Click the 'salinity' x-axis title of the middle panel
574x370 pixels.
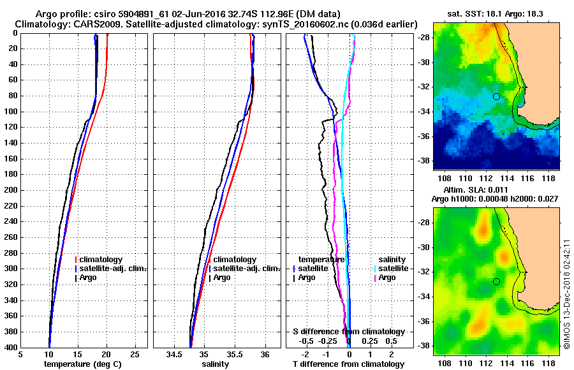[x=215, y=364]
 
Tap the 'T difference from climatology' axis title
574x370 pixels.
[x=348, y=364]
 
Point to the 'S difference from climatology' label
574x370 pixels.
[x=348, y=332]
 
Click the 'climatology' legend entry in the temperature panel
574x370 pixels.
[x=102, y=260]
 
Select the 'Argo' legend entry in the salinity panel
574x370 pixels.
[x=222, y=277]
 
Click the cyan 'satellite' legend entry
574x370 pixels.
[x=392, y=269]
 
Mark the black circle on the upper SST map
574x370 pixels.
[x=496, y=96]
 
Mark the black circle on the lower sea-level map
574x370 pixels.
[x=496, y=281]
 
